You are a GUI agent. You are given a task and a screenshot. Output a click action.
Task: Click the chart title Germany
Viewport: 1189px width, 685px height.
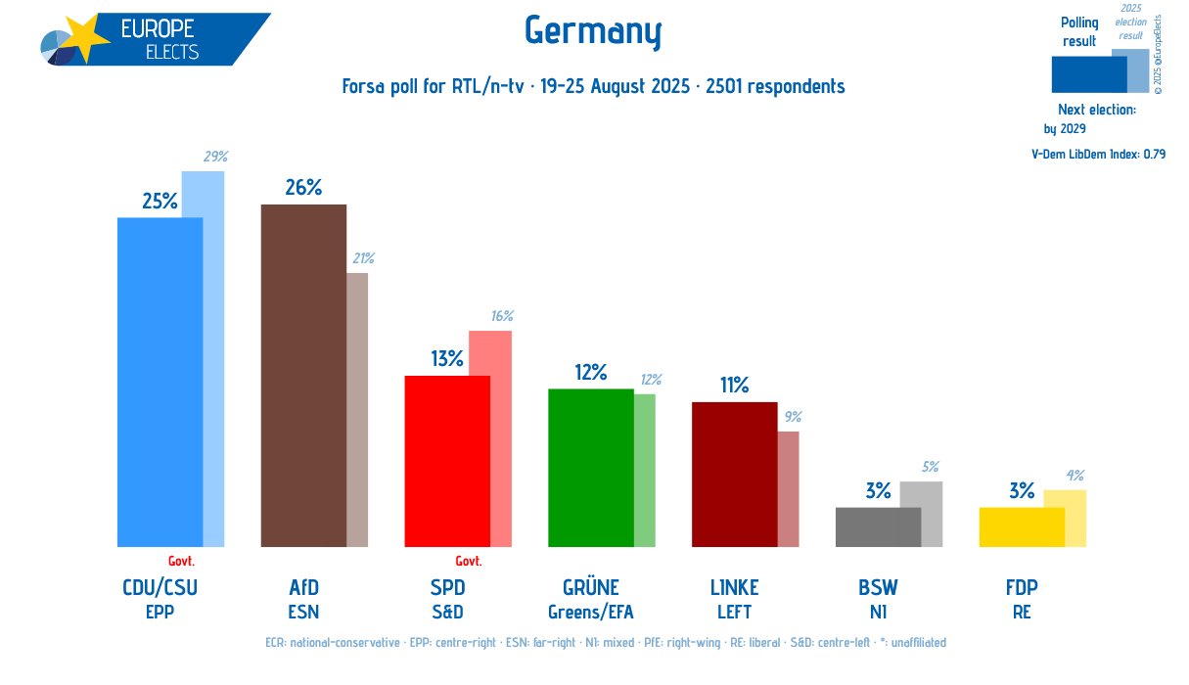click(x=593, y=31)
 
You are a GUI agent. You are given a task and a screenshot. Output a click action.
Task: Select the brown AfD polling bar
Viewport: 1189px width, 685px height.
click(x=302, y=376)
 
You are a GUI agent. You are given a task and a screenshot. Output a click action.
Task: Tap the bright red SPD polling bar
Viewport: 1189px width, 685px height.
click(x=446, y=461)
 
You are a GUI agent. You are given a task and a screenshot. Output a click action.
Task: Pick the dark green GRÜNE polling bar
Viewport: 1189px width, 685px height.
click(x=590, y=468)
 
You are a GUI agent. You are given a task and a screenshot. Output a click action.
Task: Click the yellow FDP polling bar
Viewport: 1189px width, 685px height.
click(x=1022, y=527)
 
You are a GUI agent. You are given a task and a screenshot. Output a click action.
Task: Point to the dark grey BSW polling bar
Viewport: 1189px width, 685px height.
click(x=878, y=527)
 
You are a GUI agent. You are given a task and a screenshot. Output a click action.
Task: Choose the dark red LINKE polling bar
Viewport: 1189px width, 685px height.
click(x=734, y=475)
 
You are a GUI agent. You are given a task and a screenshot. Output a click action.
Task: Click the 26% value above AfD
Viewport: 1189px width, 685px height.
click(x=303, y=187)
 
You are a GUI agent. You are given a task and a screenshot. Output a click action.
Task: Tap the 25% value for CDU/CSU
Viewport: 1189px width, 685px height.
click(x=160, y=202)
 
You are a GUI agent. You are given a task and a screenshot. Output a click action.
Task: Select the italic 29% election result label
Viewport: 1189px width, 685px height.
click(x=215, y=157)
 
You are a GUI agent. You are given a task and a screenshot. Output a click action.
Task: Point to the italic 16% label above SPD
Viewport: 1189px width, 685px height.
click(x=502, y=316)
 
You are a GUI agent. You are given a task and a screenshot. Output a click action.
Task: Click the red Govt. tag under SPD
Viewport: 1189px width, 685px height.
click(x=469, y=561)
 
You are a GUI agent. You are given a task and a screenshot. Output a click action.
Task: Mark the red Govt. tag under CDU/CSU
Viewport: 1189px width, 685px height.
click(x=181, y=561)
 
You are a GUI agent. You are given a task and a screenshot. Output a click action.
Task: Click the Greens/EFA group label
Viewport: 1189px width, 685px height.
click(x=591, y=613)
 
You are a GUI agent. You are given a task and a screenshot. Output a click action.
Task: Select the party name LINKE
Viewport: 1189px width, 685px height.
click(x=734, y=588)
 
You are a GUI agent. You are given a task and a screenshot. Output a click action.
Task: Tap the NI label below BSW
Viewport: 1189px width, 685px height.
click(x=878, y=613)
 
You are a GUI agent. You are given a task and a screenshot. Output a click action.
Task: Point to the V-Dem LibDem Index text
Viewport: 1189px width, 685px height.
click(x=1098, y=154)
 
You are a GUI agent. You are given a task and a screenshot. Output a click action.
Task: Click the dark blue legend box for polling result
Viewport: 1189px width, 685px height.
click(x=1088, y=73)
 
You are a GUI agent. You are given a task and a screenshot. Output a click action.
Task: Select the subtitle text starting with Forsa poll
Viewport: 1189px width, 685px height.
click(x=593, y=86)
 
